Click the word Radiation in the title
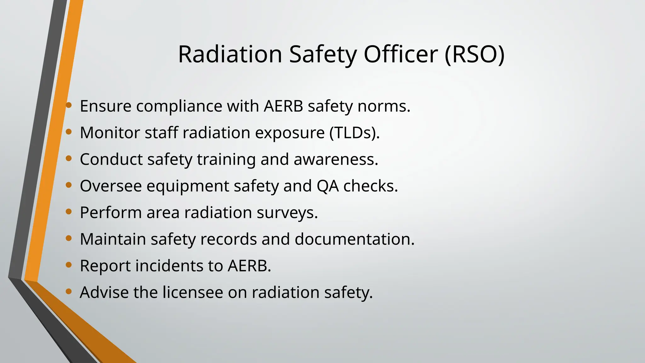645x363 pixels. click(230, 54)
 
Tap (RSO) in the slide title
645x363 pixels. click(475, 54)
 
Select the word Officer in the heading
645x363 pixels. click(401, 54)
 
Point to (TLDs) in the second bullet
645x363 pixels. click(354, 133)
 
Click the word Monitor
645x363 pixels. click(110, 133)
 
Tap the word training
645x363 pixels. click(226, 159)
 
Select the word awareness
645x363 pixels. click(335, 159)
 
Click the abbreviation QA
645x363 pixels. click(328, 186)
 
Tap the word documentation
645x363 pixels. click(354, 239)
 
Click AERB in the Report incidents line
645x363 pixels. click(249, 266)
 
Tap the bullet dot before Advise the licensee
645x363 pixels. click(69, 291)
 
